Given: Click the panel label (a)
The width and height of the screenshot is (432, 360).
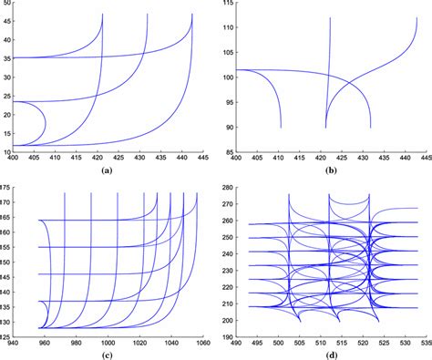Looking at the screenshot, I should pos(108,170).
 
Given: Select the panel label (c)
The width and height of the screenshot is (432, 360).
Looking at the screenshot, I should pos(108,355).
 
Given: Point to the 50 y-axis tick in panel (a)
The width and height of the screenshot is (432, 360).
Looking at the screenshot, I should pos(5,3).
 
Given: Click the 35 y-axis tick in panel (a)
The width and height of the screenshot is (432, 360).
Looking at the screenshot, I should pos(5,58).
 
